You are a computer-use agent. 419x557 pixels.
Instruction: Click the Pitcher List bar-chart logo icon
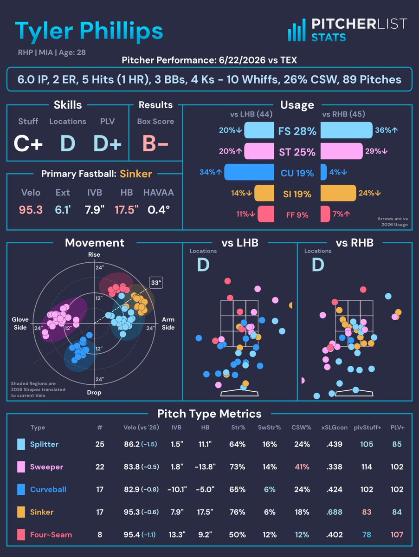pos(297,30)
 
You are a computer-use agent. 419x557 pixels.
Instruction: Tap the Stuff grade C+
pos(28,143)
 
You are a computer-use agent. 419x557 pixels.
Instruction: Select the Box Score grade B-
pos(155,143)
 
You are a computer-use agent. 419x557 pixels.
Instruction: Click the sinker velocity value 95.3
pos(31,210)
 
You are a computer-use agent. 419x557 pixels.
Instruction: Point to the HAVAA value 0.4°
pos(159,210)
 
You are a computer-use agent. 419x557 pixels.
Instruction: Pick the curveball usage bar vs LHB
pos(249,172)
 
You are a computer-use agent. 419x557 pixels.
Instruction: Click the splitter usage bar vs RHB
pos(347,130)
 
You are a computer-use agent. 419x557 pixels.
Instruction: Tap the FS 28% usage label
pos(297,131)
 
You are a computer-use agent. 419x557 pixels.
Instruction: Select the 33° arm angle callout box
pos(156,283)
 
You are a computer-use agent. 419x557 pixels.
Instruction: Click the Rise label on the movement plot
pos(94,254)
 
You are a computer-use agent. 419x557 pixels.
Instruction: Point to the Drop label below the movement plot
pos(94,392)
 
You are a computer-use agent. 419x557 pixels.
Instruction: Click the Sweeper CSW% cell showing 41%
pos(302,467)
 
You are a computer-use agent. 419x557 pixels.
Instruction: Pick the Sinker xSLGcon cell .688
pos(334,512)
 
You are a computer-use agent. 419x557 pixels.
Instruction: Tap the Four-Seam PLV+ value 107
pos(397,535)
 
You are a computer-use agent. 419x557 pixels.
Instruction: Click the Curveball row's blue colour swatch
pos(21,490)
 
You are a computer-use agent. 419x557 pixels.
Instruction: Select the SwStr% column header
pos(269,427)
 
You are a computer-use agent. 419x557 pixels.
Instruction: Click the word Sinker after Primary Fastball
pos(135,174)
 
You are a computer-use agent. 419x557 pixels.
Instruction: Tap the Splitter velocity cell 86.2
pos(132,444)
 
